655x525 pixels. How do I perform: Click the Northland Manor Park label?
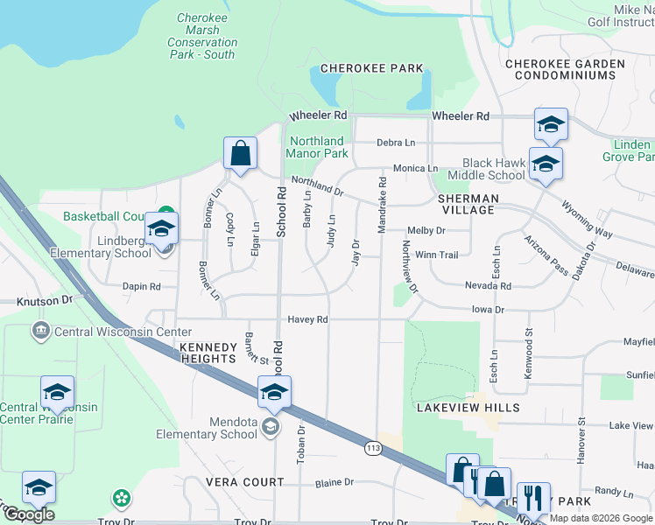click(316, 147)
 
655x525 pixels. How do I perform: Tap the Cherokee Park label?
click(371, 68)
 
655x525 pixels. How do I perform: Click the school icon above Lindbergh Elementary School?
click(161, 230)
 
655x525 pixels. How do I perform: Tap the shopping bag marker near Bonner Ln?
click(240, 154)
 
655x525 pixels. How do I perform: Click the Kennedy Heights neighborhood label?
click(208, 353)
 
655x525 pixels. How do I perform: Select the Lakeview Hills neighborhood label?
click(468, 408)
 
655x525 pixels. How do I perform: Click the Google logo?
click(29, 514)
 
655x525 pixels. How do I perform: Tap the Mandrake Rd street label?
click(382, 206)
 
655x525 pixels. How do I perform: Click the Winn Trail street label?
click(436, 255)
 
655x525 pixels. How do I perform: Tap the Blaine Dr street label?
click(334, 482)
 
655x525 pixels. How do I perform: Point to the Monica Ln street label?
click(415, 168)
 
